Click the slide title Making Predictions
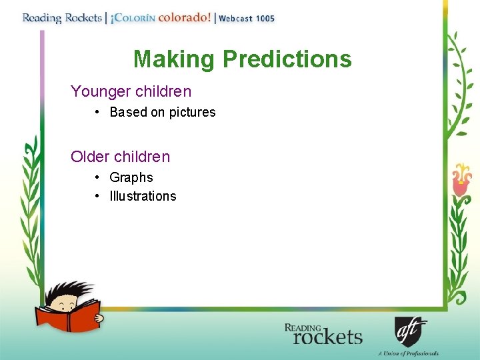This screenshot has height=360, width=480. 242,59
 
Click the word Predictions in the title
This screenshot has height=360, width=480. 287,59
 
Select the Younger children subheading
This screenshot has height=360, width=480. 131,91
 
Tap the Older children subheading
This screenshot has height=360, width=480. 120,157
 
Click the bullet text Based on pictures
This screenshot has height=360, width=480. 163,112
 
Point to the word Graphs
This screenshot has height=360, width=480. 131,177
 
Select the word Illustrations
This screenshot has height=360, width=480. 143,196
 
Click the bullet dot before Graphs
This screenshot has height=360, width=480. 97,177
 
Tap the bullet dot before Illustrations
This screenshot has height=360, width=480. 97,196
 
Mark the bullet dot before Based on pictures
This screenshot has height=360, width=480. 97,112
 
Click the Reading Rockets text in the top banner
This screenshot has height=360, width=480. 62,18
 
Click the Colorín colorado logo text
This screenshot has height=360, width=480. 160,18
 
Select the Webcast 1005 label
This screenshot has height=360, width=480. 247,19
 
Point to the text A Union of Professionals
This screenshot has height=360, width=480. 407,353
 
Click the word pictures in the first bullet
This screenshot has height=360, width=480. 192,112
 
